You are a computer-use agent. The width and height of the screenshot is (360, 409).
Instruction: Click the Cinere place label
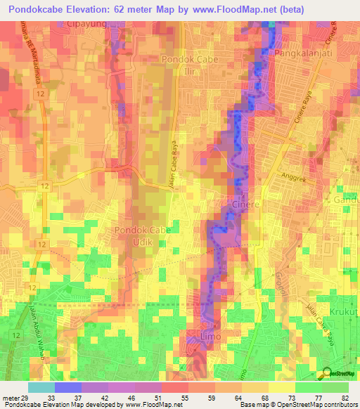click(245, 204)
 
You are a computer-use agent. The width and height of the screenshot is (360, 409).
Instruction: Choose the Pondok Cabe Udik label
click(141, 236)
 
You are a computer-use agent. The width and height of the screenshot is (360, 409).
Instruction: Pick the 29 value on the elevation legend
click(28, 398)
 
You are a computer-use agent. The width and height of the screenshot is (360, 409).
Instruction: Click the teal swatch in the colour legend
click(41, 387)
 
